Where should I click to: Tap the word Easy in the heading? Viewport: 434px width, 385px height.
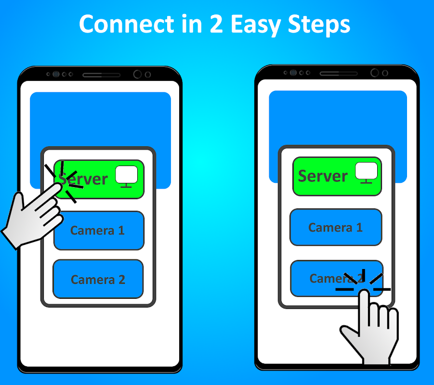tap(255, 25)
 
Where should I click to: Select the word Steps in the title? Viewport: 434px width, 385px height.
tap(319, 25)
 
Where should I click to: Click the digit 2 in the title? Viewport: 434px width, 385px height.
tap(216, 24)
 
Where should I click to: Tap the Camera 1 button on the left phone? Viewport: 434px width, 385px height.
tap(99, 231)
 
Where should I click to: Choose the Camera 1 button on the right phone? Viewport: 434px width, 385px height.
tap(336, 227)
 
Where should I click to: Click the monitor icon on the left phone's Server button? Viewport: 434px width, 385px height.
tap(127, 177)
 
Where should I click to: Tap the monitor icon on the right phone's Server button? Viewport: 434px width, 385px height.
tap(366, 173)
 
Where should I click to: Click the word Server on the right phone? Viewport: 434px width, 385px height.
tap(323, 176)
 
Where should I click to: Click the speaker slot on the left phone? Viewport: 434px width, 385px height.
tap(101, 75)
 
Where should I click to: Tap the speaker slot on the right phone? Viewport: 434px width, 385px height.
tap(339, 74)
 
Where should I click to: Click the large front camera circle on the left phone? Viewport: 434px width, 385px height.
tap(137, 74)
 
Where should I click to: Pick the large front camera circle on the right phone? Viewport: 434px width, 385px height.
tap(374, 73)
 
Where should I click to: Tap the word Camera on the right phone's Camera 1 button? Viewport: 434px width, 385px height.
tap(330, 228)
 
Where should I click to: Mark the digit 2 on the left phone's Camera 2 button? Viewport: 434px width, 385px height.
tap(122, 280)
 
